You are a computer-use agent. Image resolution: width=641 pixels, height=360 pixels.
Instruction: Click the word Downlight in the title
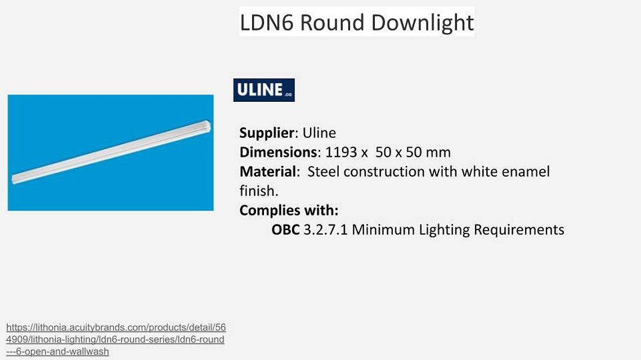pos(422,23)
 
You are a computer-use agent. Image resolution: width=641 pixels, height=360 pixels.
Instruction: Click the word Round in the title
pos(332,22)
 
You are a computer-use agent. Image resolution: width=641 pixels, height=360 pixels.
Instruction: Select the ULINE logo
pos(264,90)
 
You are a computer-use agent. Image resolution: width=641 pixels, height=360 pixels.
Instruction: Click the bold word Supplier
pos(267,133)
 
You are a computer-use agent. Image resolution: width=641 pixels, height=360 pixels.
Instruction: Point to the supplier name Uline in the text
pos(319,133)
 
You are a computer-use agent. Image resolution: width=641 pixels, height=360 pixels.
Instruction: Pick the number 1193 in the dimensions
pos(341,152)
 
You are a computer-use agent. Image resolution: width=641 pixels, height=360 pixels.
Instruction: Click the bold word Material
pos(267,172)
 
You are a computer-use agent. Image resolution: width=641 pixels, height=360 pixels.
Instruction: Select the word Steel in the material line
pos(324,172)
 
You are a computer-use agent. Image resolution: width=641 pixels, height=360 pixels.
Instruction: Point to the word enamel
pos(525,172)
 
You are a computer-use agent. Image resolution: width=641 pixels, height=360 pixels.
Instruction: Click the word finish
pos(259,191)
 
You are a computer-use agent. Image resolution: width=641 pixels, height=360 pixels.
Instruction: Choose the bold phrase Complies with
pos(289,210)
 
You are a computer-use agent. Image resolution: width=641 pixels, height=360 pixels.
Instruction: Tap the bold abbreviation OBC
pos(285,229)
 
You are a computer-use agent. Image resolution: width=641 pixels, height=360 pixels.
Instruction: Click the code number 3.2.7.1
pos(325,229)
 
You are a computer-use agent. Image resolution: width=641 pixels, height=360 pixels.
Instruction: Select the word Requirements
pos(519,230)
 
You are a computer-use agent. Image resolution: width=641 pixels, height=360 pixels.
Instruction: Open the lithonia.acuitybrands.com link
pos(116,339)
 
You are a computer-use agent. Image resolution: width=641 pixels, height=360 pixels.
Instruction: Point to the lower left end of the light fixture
pos(14,179)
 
